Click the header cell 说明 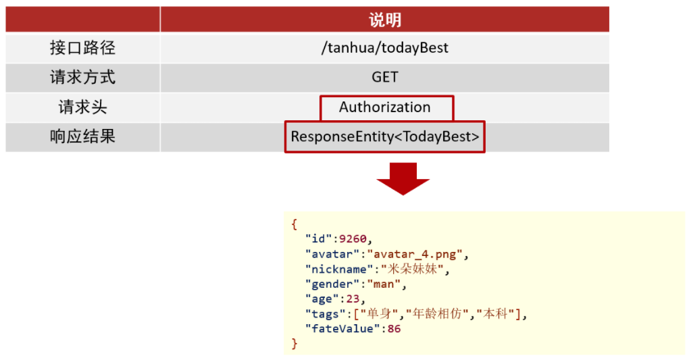pos(385,20)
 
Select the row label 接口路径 pos(82,47)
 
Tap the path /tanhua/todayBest pos(385,47)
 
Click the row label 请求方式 pos(82,77)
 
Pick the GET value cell pos(385,77)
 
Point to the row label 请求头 pos(82,107)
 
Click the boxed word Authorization pos(385,107)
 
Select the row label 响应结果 pos(82,136)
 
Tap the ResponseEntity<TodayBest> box pos(385,136)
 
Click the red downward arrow pos(403,178)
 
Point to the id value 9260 pos(353,239)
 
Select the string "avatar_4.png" pos(415,254)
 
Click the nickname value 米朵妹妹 pos(412,269)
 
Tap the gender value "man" pos(384,284)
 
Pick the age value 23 pos(353,299)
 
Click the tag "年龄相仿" pos(437,313)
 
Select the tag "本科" pos(496,313)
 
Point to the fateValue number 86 pos(394,329)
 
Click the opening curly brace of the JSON pos(294,224)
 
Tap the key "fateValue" pos(342,329)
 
